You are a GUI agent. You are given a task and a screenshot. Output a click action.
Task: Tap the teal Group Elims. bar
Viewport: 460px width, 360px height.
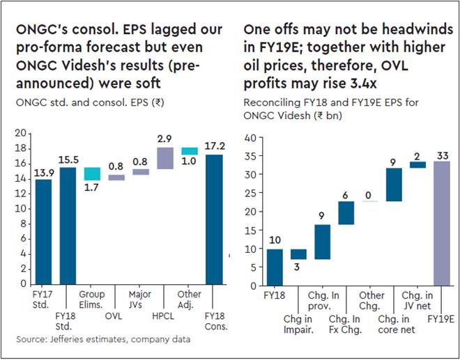click(x=92, y=174)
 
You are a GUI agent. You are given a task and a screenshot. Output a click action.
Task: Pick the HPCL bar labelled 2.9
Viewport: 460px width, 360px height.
click(x=165, y=158)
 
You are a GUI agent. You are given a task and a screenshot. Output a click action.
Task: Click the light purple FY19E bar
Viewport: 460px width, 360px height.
click(x=441, y=223)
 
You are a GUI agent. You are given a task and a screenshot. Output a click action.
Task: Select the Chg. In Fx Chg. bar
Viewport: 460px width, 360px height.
click(x=346, y=213)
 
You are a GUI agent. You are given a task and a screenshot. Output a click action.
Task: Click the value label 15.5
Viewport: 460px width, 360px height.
click(x=68, y=159)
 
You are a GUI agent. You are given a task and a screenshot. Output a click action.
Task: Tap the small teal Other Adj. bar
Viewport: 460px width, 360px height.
click(x=189, y=151)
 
